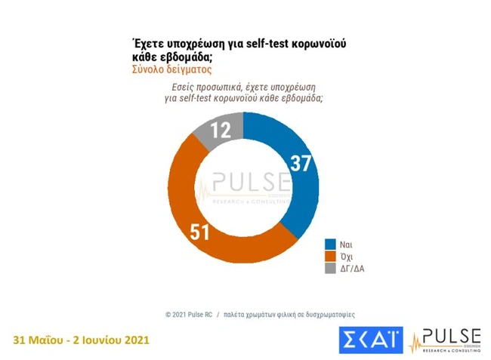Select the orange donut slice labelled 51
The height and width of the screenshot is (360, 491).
point(200,219)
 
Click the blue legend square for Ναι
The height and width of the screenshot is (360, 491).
point(331,244)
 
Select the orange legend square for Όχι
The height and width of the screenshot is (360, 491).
point(331,256)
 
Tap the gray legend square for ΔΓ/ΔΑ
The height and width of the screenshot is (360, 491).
point(331,268)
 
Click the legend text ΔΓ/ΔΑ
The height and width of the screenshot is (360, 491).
point(353,268)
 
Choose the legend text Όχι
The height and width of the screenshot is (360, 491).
point(347,256)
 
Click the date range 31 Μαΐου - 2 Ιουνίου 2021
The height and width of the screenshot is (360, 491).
point(82,340)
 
